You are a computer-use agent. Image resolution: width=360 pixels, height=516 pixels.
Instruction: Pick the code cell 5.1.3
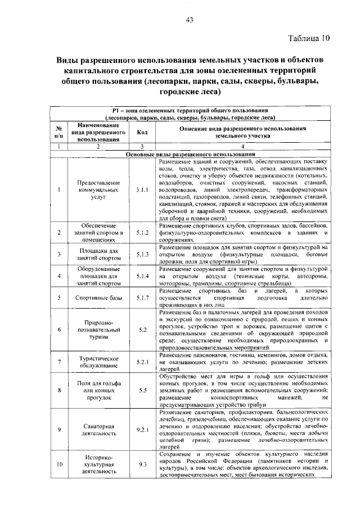(x=142, y=254)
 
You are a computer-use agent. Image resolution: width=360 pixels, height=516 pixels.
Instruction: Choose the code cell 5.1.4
(x=142, y=276)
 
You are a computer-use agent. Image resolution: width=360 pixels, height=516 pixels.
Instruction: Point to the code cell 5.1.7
(x=142, y=297)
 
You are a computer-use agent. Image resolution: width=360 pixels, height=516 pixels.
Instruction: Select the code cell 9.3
(x=142, y=465)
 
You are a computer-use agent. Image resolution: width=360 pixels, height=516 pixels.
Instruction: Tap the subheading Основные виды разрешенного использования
(x=190, y=154)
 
